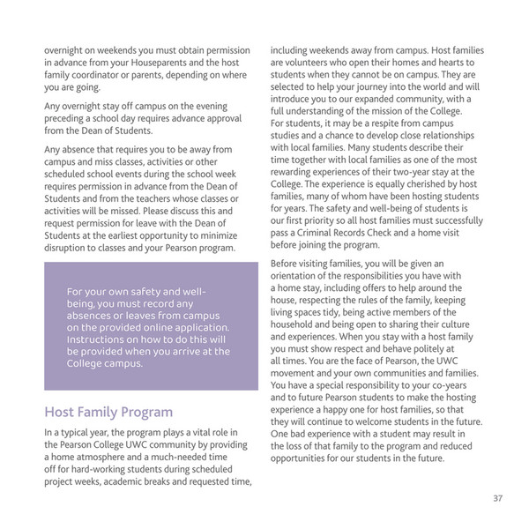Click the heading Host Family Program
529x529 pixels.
point(108,412)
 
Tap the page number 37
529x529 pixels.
point(497,499)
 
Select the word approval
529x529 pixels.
point(210,116)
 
